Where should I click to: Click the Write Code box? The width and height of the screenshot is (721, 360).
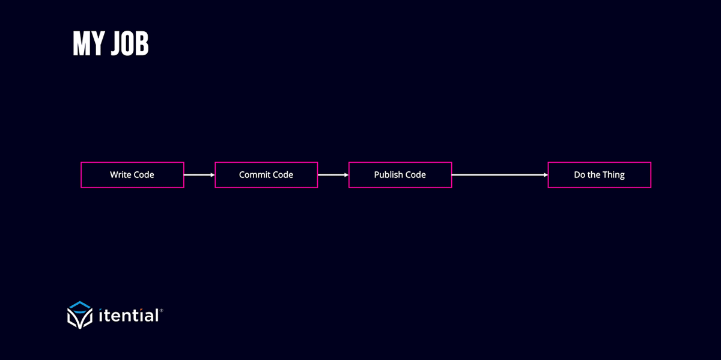pos(132,175)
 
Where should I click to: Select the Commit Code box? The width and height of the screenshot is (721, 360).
pos(266,175)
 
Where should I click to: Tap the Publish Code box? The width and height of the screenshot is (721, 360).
pos(400,175)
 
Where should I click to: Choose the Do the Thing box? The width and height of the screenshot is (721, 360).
pos(600,175)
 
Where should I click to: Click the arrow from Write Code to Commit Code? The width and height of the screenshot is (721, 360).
pos(199,175)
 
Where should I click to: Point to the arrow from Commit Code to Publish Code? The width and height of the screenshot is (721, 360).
pos(333,175)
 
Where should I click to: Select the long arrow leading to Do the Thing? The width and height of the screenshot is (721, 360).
pos(500,175)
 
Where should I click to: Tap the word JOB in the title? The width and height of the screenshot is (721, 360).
pos(130,43)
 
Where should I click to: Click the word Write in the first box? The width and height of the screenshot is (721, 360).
pos(120,174)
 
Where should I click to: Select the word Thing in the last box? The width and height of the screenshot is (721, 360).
pos(613,175)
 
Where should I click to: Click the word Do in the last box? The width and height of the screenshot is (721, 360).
pos(579,174)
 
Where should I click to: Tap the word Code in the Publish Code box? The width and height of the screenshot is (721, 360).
pos(416,174)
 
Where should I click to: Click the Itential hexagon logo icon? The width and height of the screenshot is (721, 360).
pos(80,315)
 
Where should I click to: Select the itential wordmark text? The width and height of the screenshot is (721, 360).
pos(129,315)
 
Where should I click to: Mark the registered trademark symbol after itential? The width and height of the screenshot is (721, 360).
pos(162,310)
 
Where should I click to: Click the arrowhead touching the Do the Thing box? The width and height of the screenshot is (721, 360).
pos(546,175)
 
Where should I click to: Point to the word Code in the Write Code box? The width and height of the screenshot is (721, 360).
pos(144,174)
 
